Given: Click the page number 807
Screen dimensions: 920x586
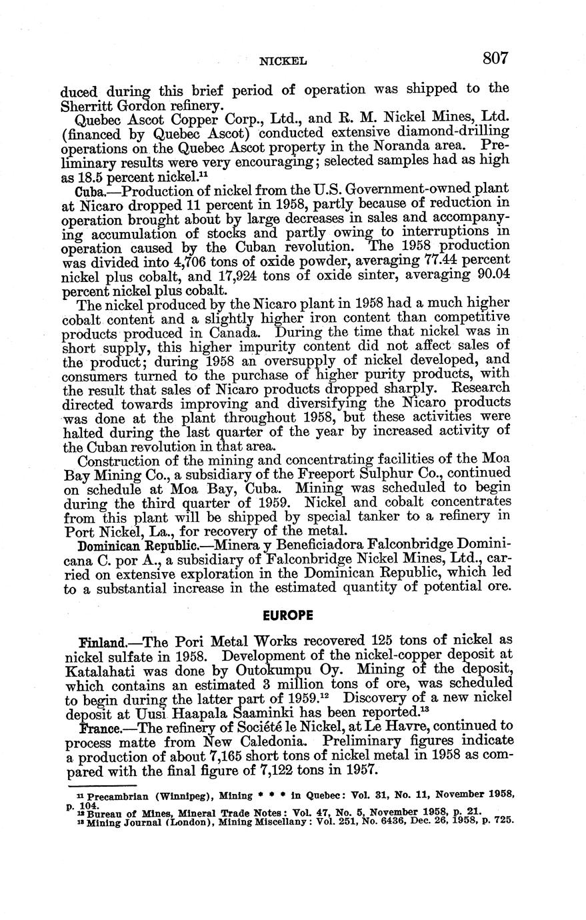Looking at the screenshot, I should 495,58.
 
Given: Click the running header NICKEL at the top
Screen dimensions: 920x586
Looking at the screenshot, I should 283,61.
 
